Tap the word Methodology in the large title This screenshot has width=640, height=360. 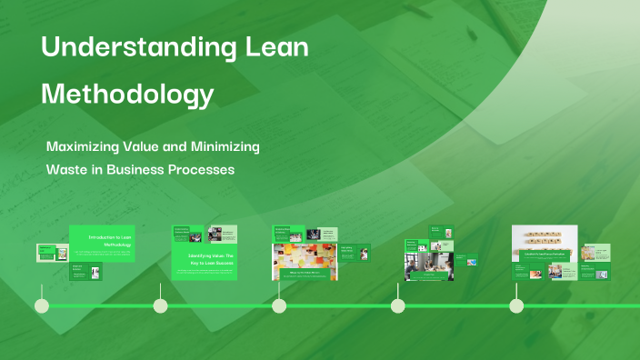[x=128, y=94]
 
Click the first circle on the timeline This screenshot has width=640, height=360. [x=41, y=305]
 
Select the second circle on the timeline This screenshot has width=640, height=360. [x=160, y=305]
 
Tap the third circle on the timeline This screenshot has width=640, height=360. [x=279, y=305]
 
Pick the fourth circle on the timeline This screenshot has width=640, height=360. [x=397, y=305]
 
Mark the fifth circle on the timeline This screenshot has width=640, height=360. [x=516, y=305]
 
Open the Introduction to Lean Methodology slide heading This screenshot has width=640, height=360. [x=111, y=241]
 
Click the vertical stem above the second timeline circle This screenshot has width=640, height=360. [x=160, y=290]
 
